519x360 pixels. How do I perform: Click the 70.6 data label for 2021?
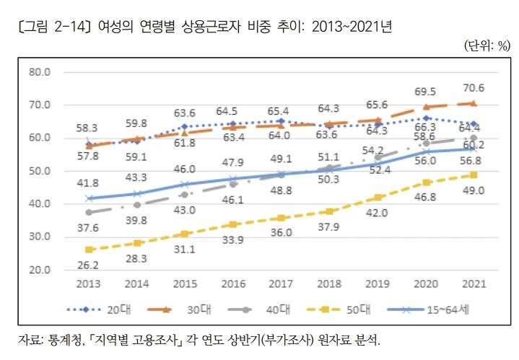pyautogui.click(x=473, y=89)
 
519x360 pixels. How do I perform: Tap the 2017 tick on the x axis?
pyautogui.click(x=281, y=284)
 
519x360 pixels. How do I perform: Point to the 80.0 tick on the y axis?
pyautogui.click(x=38, y=72)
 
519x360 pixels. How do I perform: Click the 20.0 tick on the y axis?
pyautogui.click(x=38, y=270)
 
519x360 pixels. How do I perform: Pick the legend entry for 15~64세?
pyautogui.click(x=430, y=309)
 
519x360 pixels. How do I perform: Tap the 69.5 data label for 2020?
pyautogui.click(x=425, y=92)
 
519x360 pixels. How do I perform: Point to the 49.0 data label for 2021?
pyautogui.click(x=473, y=190)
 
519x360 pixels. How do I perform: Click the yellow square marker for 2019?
pyautogui.click(x=377, y=198)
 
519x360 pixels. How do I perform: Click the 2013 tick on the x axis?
pyautogui.click(x=89, y=284)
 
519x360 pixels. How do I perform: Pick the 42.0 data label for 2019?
pyautogui.click(x=377, y=213)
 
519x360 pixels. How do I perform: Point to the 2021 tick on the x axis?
pyautogui.click(x=473, y=284)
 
